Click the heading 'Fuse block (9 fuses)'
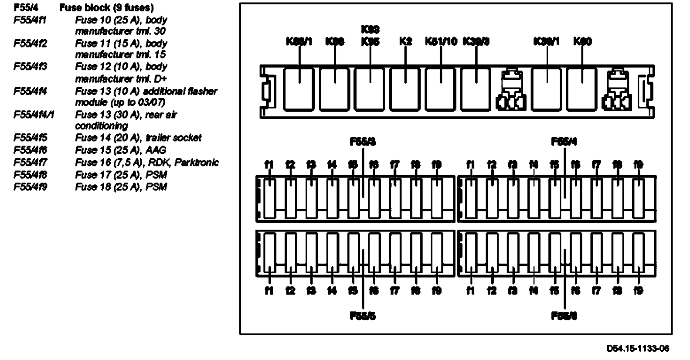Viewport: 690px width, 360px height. click(x=106, y=8)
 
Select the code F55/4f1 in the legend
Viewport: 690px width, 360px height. click(x=30, y=20)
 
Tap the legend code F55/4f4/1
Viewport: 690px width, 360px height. click(x=34, y=115)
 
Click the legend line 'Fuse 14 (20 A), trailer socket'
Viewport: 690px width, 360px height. click(x=138, y=138)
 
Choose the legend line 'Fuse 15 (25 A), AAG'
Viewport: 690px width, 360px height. click(x=121, y=150)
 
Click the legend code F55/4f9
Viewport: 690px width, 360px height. click(x=30, y=187)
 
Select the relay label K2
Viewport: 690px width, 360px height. click(x=405, y=41)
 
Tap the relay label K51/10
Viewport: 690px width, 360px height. click(x=441, y=41)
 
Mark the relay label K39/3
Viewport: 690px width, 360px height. click(x=476, y=41)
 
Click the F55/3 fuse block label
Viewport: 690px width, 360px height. click(x=363, y=142)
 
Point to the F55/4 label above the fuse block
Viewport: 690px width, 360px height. click(x=564, y=142)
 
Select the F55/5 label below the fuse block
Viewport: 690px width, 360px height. click(x=363, y=316)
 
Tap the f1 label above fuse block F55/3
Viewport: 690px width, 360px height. click(x=269, y=165)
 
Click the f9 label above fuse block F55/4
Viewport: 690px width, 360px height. click(x=638, y=165)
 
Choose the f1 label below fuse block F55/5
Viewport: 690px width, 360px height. click(x=269, y=291)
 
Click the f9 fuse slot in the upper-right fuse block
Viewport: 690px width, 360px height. click(x=638, y=199)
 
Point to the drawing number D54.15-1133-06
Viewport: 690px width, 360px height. click(x=638, y=348)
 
